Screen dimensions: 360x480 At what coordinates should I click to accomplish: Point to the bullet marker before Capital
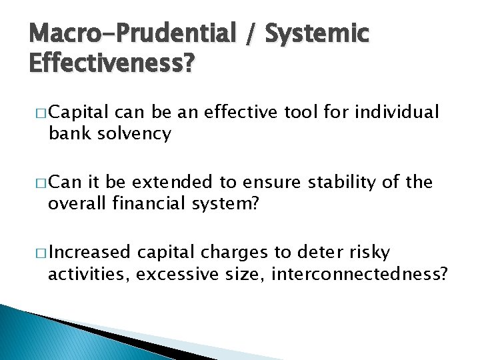click(42, 112)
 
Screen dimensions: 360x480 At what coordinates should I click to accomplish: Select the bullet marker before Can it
click(42, 182)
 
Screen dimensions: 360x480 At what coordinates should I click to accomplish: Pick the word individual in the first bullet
click(397, 112)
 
